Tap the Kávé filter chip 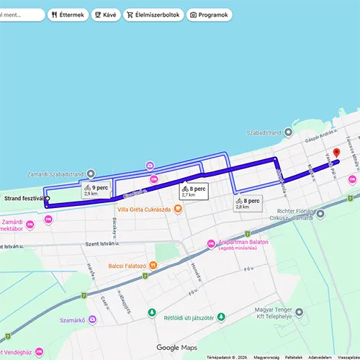click(x=106, y=14)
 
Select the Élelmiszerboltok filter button click(x=152, y=14)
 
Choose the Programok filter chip click(x=209, y=14)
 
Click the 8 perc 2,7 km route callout click(x=193, y=191)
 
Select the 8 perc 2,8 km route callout click(x=247, y=203)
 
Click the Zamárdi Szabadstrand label click(x=56, y=174)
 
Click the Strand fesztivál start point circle click(x=48, y=198)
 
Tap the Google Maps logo click(x=177, y=348)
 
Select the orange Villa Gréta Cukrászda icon click(x=178, y=210)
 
